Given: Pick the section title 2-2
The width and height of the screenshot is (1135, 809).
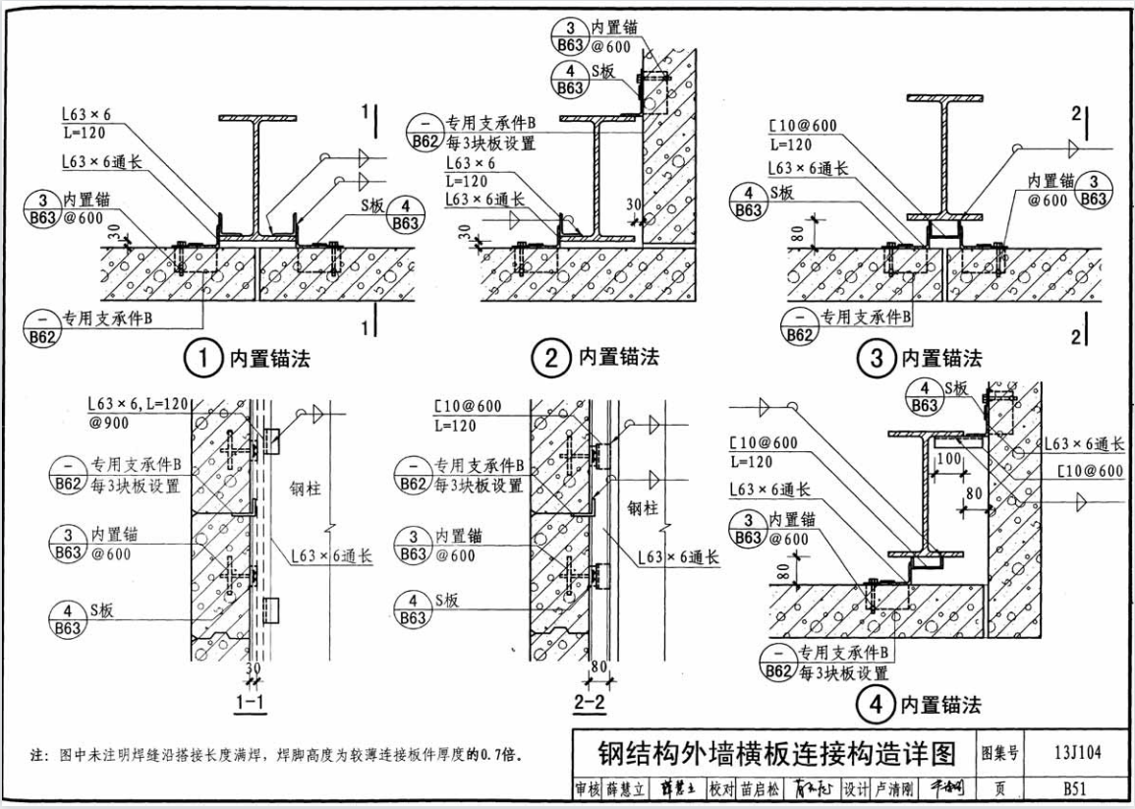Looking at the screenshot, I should click(591, 702).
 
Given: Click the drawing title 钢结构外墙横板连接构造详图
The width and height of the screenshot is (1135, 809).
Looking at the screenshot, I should click(776, 754).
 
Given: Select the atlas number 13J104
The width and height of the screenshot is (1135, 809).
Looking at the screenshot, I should click(1077, 754).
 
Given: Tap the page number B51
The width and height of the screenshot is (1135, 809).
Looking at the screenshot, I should click(1078, 788).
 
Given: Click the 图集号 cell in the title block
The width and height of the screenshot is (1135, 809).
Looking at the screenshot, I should click(999, 754).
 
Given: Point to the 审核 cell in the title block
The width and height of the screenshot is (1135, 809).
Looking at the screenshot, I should click(587, 788).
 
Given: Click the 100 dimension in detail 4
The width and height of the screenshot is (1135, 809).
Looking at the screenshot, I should click(948, 460).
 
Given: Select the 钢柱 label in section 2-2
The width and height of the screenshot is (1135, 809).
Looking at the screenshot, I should click(644, 508).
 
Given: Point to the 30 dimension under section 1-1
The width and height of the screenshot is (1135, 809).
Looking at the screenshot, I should click(254, 668).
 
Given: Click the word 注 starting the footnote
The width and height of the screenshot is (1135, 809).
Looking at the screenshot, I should click(38, 755).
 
